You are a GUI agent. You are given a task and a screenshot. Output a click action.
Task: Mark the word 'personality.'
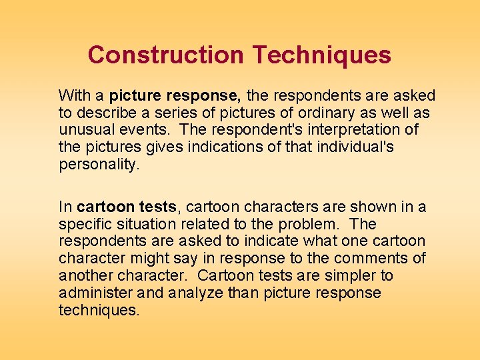coord(99,164)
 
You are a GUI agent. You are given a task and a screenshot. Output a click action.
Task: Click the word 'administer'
coord(99,293)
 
